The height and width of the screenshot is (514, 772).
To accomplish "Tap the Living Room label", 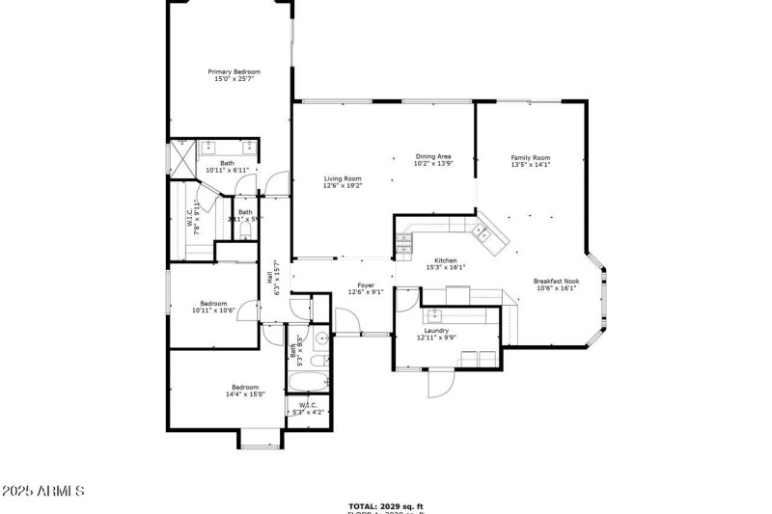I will (x=343, y=178).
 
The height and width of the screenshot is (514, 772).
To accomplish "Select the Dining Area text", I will (x=433, y=156).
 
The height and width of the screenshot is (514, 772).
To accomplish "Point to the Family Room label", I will (x=530, y=157).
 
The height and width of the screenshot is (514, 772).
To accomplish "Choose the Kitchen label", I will (x=445, y=260).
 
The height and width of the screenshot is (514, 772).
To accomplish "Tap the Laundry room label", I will (x=437, y=332).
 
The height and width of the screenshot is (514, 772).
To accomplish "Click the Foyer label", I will (x=366, y=284).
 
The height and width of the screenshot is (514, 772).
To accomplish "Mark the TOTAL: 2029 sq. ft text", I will (x=386, y=505).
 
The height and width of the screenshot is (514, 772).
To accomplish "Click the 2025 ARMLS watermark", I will (x=42, y=491).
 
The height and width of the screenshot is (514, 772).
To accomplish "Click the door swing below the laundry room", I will (x=439, y=384).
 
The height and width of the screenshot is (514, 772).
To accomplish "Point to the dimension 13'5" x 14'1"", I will (x=530, y=165).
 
